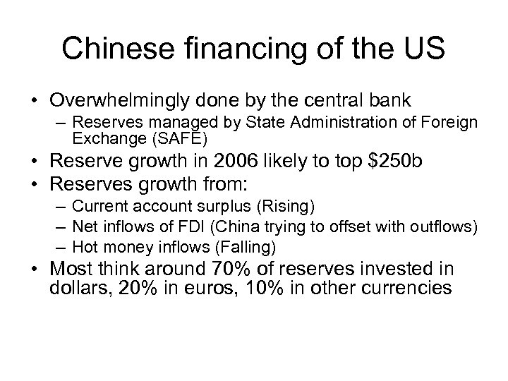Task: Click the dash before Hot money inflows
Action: (x=59, y=246)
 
